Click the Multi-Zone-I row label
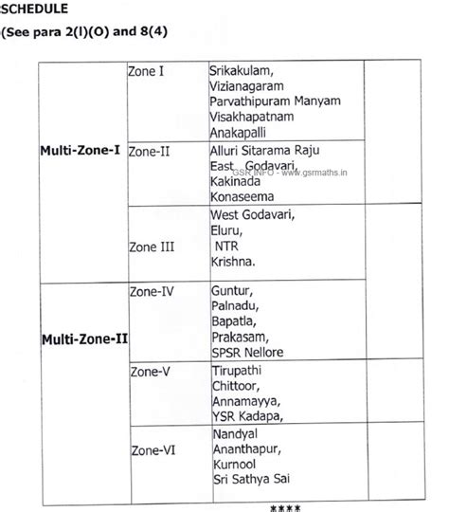(80, 151)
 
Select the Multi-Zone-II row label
(84, 338)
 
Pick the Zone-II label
(149, 151)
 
